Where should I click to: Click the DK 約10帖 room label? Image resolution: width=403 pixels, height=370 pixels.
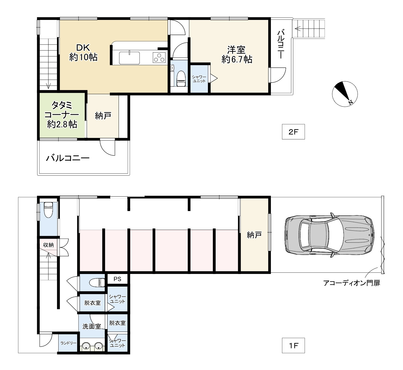click(83, 52)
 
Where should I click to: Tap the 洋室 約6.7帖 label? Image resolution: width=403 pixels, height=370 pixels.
click(237, 55)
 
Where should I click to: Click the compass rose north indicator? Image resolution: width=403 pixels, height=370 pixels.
click(345, 94)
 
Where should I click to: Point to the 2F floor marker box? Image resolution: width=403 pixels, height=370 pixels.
click(293, 132)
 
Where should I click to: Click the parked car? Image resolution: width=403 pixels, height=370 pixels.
click(329, 235)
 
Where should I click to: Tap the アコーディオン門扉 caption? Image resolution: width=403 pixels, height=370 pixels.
click(352, 283)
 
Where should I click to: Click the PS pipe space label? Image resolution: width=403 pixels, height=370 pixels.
click(117, 279)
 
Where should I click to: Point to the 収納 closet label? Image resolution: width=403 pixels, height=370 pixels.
click(49, 245)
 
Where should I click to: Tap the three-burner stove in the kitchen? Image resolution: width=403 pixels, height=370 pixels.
click(160, 57)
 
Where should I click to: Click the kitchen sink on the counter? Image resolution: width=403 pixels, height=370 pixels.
click(129, 58)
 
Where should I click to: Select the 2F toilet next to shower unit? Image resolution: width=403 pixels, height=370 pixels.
click(181, 79)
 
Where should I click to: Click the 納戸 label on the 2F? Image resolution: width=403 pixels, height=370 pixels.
click(103, 116)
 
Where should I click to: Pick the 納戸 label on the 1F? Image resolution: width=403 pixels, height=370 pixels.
click(254, 235)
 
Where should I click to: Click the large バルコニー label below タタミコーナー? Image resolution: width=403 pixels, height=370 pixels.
click(68, 158)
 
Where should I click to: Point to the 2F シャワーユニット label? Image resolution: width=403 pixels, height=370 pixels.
click(199, 79)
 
